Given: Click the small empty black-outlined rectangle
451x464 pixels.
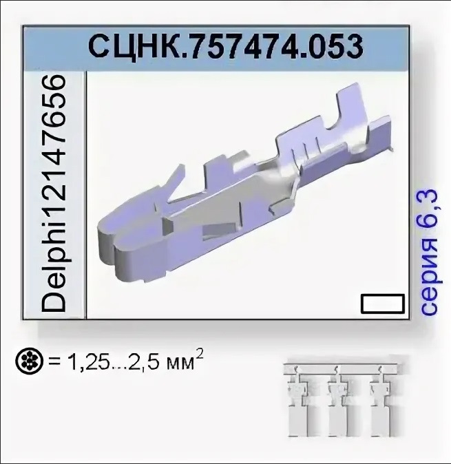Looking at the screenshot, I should click(382, 304).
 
